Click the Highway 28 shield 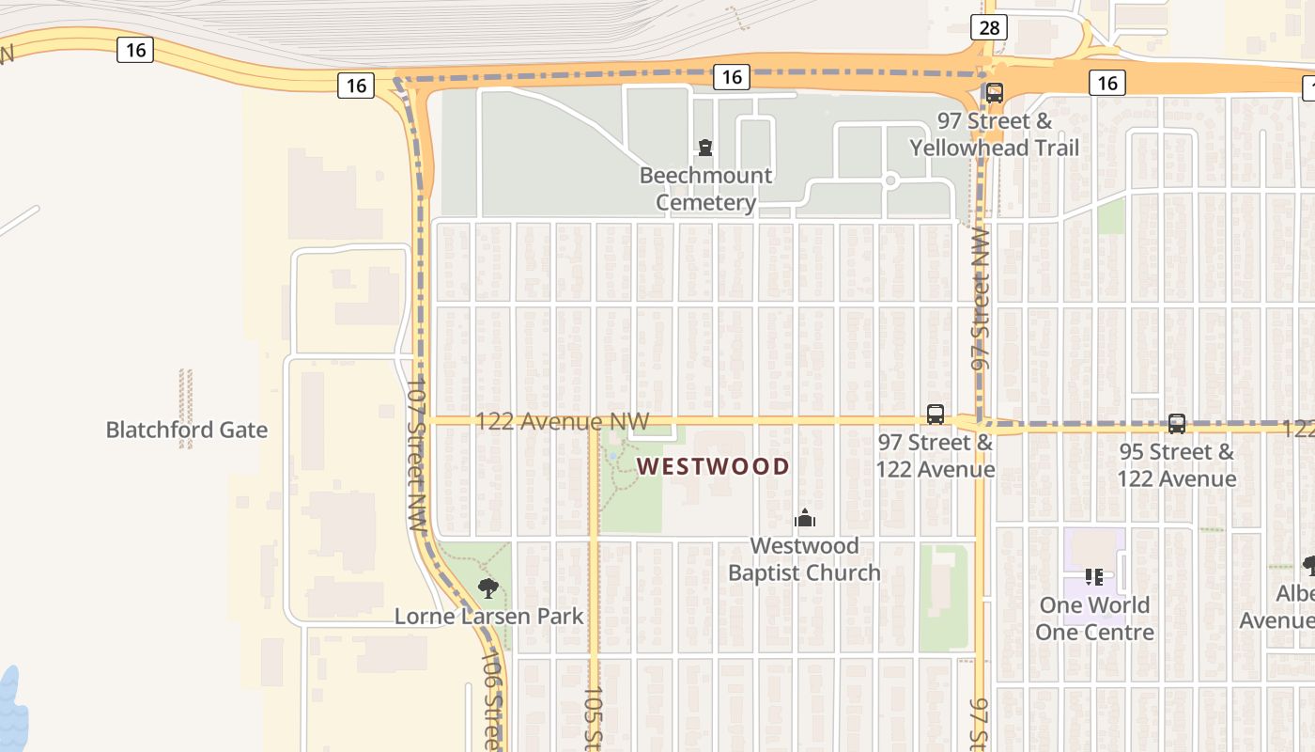pyautogui.click(x=990, y=27)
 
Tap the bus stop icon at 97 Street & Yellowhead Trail pyautogui.click(x=994, y=93)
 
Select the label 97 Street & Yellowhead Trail pyautogui.click(x=994, y=134)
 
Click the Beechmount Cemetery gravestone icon pyautogui.click(x=704, y=147)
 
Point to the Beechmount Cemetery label pyautogui.click(x=705, y=189)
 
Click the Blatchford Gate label pyautogui.click(x=186, y=431)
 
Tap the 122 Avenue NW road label pyautogui.click(x=562, y=421)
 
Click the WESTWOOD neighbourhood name pyautogui.click(x=714, y=466)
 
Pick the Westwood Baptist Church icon pyautogui.click(x=804, y=518)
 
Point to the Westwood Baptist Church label pyautogui.click(x=804, y=559)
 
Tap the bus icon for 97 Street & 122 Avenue pyautogui.click(x=936, y=415)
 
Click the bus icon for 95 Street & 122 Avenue pyautogui.click(x=1177, y=424)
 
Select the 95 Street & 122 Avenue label pyautogui.click(x=1176, y=465)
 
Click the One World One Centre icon pyautogui.click(x=1093, y=576)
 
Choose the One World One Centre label pyautogui.click(x=1094, y=619)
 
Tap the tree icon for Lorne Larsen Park pyautogui.click(x=487, y=588)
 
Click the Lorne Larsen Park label pyautogui.click(x=488, y=618)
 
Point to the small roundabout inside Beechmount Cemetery pyautogui.click(x=891, y=180)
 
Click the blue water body pyautogui.click(x=11, y=710)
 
